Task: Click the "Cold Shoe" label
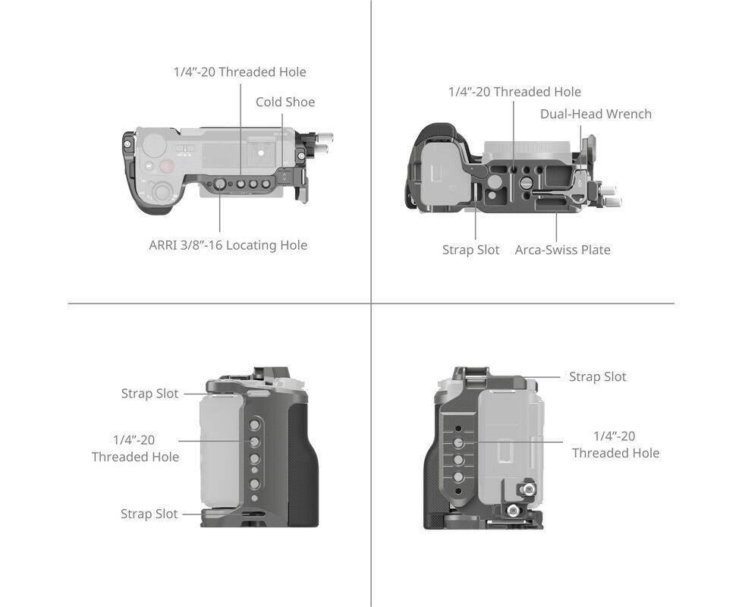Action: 285,102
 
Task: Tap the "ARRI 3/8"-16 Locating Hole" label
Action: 228,245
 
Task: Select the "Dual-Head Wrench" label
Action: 596,114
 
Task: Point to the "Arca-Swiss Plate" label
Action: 563,250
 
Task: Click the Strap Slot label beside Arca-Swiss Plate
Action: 471,250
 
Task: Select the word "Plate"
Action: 596,250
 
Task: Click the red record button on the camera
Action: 167,166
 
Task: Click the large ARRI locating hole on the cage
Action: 220,184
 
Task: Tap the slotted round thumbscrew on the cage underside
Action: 525,183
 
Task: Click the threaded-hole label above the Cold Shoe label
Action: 240,72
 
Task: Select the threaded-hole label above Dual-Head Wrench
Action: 515,92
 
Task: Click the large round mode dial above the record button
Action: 154,146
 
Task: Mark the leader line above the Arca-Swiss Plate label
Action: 556,228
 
